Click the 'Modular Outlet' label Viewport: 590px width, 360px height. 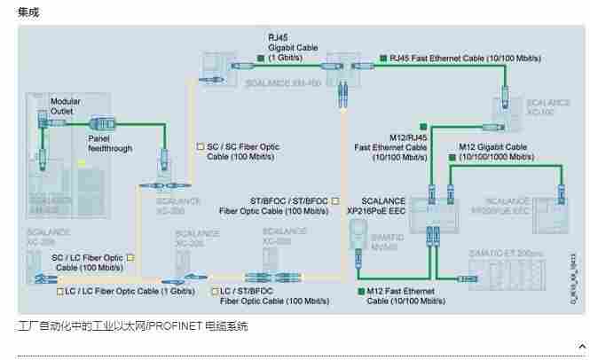click(65, 106)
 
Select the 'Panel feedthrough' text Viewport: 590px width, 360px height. click(110, 143)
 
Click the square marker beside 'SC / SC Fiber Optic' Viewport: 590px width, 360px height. click(200, 145)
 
